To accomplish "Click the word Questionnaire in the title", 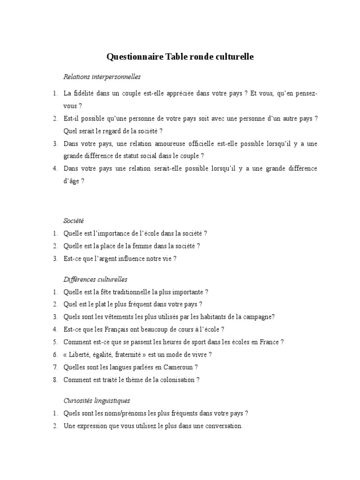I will click(x=135, y=57).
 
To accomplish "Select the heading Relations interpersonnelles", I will click(x=102, y=76).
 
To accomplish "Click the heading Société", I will click(x=73, y=220).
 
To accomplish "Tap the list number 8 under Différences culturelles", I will click(x=55, y=380).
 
